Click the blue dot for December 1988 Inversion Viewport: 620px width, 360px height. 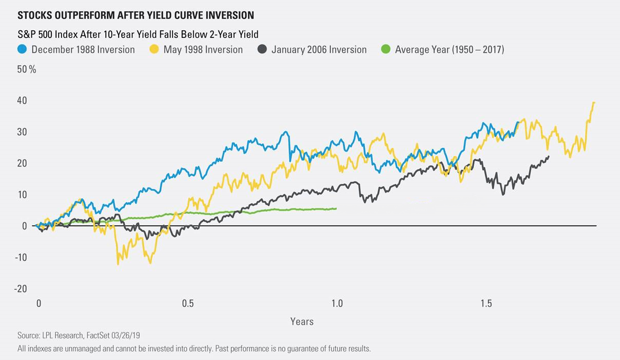[22, 50]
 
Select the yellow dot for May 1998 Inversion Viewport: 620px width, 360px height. [154, 50]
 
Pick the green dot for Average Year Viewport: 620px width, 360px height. [385, 50]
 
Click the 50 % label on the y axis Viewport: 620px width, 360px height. [27, 69]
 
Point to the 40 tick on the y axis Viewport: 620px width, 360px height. [23, 101]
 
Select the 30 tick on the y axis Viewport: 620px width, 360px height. [23, 132]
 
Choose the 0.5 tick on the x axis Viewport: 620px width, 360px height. [188, 304]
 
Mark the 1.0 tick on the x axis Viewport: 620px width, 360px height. [337, 304]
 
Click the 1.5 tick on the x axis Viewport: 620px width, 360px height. [486, 304]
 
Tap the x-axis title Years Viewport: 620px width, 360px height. [302, 321]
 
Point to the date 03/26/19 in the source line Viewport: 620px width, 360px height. [126, 335]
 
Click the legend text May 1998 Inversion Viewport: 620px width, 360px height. [203, 50]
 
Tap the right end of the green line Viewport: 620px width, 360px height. [336, 209]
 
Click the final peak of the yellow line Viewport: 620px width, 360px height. [594, 103]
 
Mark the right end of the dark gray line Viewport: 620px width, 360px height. [549, 157]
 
